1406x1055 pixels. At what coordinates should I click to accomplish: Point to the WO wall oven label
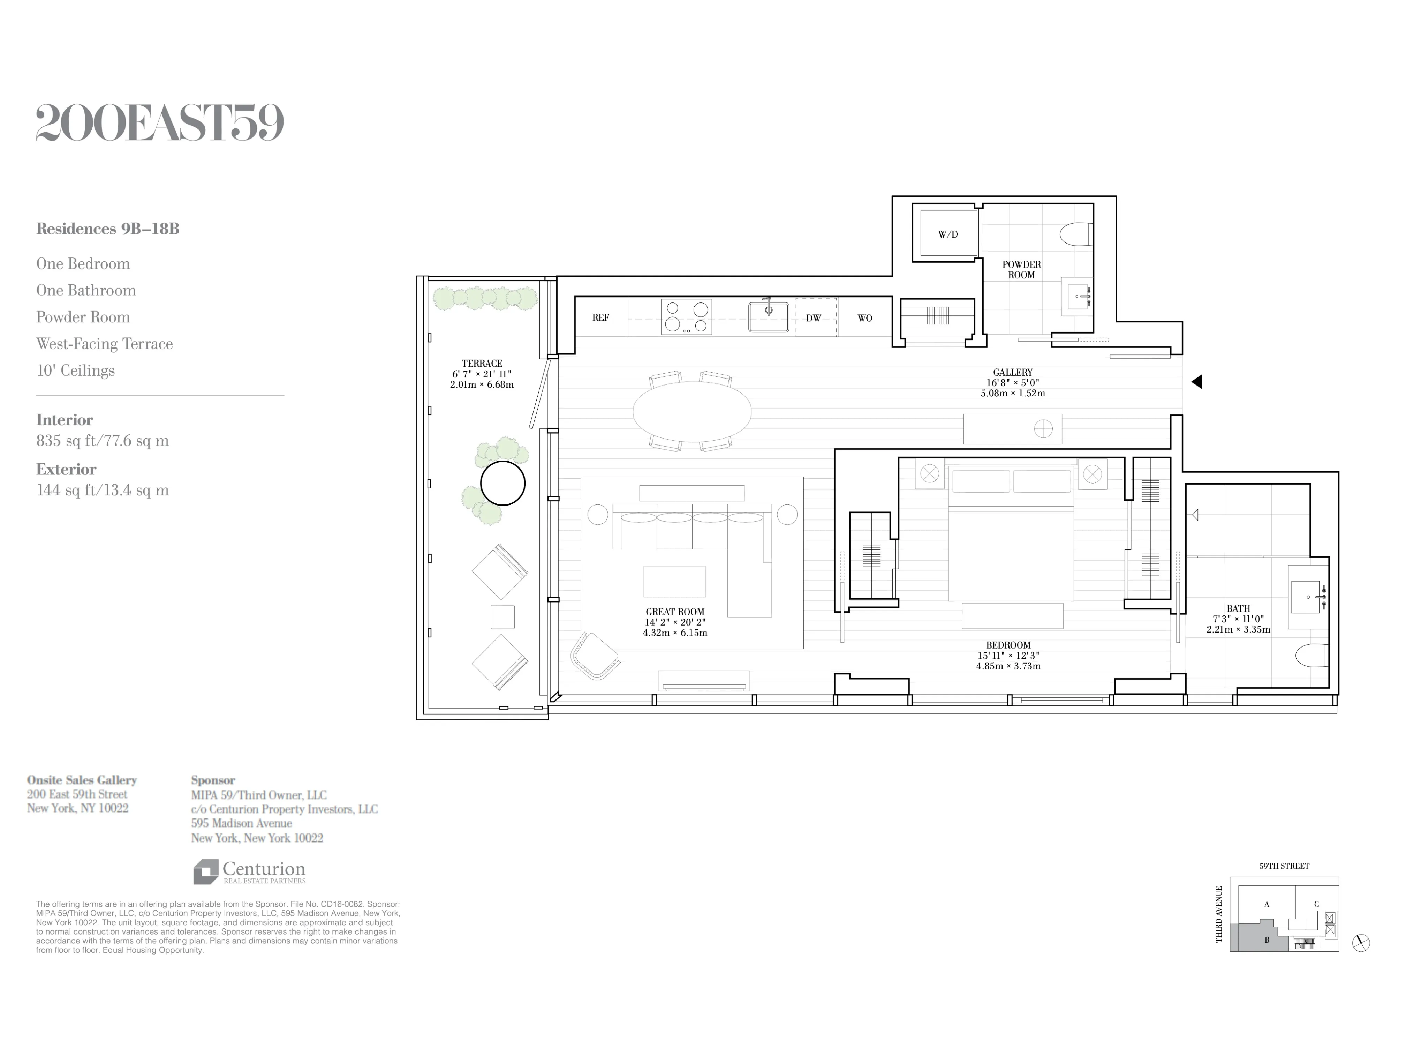[x=864, y=317]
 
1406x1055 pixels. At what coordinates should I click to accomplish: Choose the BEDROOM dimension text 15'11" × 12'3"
[x=1008, y=656]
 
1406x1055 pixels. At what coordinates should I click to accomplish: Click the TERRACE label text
[x=482, y=363]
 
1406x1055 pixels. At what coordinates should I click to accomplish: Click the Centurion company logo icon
[x=205, y=872]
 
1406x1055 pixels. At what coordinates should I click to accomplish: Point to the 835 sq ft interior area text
[x=102, y=441]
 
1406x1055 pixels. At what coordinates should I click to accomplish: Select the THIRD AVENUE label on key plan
[x=1218, y=914]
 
